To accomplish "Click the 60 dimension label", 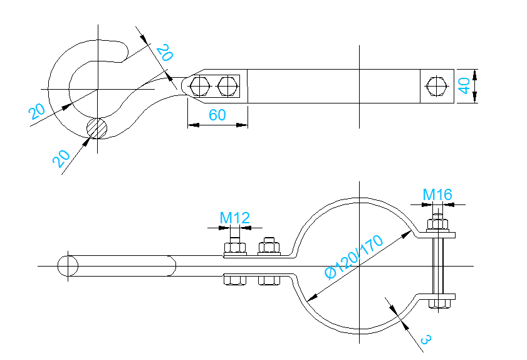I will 217,115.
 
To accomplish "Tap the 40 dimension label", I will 464,85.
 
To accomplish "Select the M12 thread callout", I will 235,218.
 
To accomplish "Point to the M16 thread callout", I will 437,194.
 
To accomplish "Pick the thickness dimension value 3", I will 425,339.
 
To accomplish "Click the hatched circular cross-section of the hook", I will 98,128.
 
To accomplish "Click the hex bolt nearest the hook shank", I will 200,86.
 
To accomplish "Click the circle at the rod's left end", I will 68,266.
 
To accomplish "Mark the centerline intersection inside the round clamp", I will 358,266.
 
